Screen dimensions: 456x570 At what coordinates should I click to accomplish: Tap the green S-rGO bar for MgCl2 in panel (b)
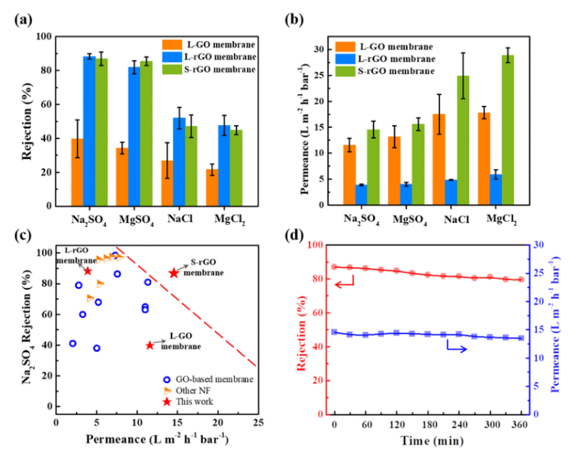click(x=508, y=130)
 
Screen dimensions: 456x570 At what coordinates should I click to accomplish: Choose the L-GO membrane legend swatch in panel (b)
click(x=344, y=46)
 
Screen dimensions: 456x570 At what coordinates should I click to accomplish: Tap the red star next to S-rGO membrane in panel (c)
click(x=174, y=273)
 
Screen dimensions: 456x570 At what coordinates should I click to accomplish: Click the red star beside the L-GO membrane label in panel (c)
click(x=150, y=345)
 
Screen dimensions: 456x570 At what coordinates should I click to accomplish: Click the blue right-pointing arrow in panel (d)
click(x=456, y=349)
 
